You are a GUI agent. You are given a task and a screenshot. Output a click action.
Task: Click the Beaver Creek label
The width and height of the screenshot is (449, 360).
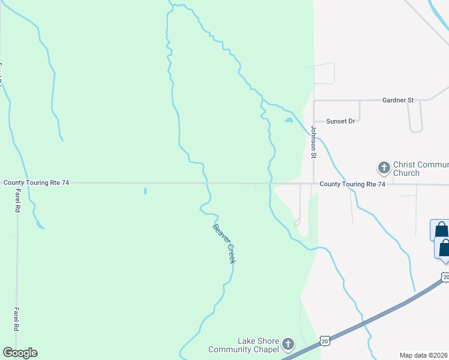(224, 243)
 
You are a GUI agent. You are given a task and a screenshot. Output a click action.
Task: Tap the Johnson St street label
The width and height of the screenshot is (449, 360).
(313, 142)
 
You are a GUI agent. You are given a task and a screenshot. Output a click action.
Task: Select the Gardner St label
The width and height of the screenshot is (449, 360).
(398, 100)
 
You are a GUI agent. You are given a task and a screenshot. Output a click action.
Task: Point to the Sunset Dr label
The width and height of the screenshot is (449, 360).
(340, 121)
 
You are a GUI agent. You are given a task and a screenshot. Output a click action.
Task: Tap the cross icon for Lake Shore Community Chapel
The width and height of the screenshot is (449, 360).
(289, 344)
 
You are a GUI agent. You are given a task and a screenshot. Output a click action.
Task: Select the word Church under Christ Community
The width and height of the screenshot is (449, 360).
(406, 173)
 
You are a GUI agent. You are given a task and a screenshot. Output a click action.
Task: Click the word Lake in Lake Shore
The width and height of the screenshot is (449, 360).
(247, 341)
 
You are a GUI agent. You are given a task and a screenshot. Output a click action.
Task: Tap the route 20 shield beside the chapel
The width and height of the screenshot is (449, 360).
(325, 340)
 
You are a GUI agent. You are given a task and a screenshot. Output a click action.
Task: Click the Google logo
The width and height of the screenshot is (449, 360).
(20, 353)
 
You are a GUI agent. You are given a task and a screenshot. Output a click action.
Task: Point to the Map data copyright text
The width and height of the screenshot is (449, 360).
(424, 355)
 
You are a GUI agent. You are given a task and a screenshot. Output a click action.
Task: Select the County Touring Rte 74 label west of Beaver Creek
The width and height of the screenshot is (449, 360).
(37, 182)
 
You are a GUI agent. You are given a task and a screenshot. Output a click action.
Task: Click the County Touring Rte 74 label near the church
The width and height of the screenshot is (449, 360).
(352, 184)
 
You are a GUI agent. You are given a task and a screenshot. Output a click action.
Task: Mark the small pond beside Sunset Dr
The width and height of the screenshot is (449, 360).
(289, 121)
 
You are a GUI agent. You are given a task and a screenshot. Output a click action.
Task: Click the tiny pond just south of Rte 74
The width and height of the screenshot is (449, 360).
(145, 191)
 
